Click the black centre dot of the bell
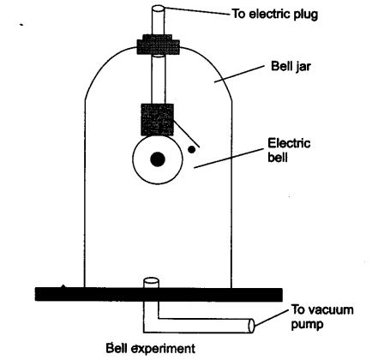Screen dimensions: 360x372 (x=157, y=159)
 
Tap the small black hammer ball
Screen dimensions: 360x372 (x=193, y=148)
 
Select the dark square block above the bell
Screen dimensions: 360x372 (x=156, y=118)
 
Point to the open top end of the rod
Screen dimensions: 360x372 (x=156, y=9)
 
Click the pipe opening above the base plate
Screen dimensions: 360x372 (x=150, y=280)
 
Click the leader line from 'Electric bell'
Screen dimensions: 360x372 (x=224, y=159)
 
